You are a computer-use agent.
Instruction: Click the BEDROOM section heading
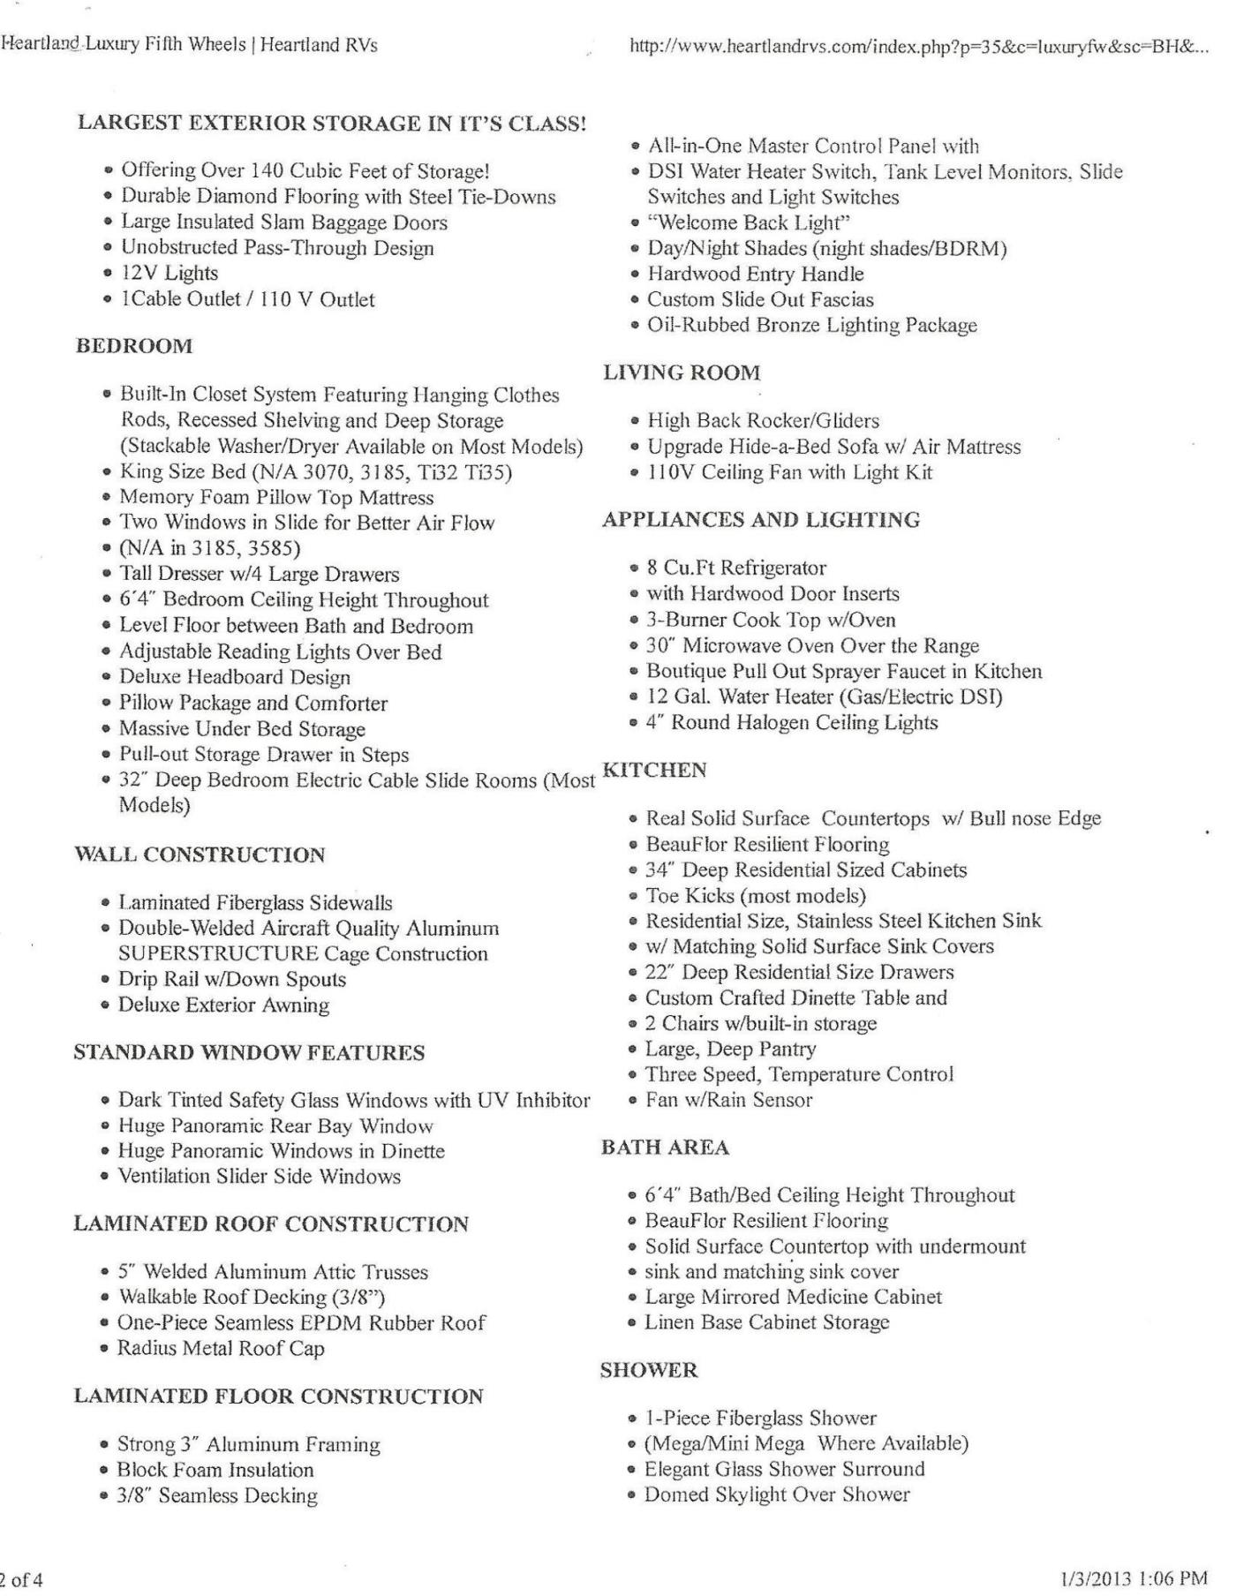(x=134, y=346)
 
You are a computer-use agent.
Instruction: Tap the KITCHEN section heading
(x=654, y=770)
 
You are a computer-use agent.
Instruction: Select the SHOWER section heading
(x=649, y=1370)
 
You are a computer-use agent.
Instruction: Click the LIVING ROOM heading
(x=682, y=373)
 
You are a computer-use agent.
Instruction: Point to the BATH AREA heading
(x=665, y=1148)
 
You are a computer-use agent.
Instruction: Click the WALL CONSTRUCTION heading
(x=200, y=854)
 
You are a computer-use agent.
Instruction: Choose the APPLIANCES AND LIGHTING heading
(x=761, y=519)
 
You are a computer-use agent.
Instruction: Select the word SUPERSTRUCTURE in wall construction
(x=218, y=953)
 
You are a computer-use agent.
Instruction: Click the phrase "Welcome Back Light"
(x=749, y=222)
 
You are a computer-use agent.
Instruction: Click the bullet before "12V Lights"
(x=108, y=274)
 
